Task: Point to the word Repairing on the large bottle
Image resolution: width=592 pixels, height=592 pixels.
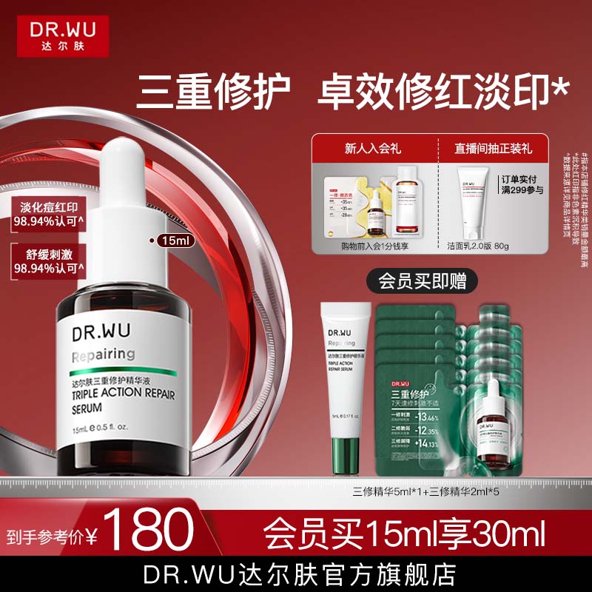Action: pos(104,354)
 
